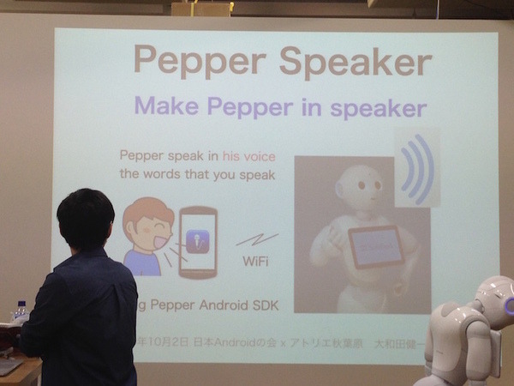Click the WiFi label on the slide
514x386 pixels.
coord(254,260)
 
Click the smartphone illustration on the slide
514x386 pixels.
coord(198,242)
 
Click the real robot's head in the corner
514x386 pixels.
coord(495,299)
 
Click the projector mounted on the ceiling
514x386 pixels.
coord(201,9)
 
